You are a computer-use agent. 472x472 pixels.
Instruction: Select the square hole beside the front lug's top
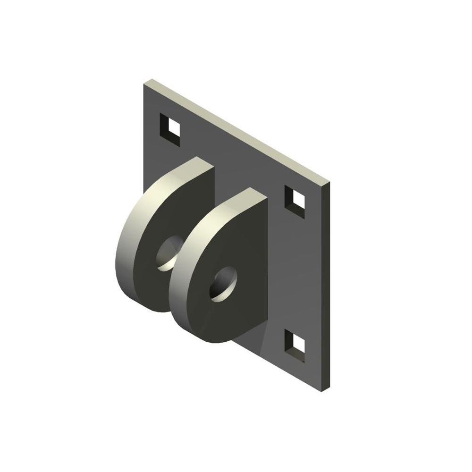tap(295, 202)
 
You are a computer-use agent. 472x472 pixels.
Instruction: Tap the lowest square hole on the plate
tap(295, 346)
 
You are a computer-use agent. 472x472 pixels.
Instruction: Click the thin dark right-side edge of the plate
tap(327, 283)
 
